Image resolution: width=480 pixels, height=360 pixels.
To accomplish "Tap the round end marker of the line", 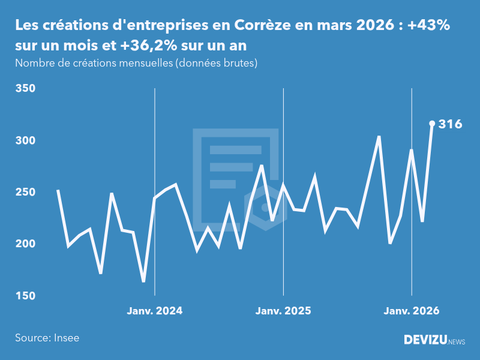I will coord(432,124).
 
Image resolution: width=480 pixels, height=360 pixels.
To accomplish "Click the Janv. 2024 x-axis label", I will coord(155,311).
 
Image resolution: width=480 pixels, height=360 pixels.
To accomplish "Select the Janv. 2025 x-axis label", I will coord(283,311).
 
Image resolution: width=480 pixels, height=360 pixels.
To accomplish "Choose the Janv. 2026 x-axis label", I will coord(412,311).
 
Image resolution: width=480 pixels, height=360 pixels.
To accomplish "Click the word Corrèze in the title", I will coord(262,26).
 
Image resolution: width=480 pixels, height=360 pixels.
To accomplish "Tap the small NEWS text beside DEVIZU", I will coord(457,342).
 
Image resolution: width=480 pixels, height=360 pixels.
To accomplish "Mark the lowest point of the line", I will coord(143,281).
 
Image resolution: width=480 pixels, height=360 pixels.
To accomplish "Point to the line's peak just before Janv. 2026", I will coord(379,137).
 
